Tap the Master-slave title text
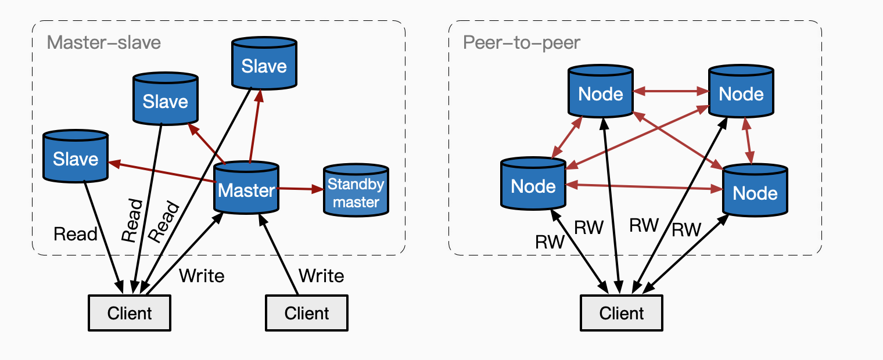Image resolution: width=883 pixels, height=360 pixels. click(x=104, y=42)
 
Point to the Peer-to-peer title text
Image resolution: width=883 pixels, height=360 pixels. click(x=521, y=42)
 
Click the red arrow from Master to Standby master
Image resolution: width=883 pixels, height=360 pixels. click(x=300, y=189)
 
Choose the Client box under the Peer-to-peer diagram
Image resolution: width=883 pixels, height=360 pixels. click(x=621, y=314)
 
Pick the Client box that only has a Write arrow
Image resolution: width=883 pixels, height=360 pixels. click(x=307, y=314)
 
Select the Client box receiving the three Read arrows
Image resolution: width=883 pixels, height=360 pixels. click(x=130, y=314)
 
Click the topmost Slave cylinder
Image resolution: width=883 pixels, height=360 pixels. click(x=264, y=66)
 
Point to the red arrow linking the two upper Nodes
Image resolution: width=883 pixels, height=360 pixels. click(x=670, y=91)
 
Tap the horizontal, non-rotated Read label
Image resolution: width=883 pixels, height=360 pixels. click(x=75, y=234)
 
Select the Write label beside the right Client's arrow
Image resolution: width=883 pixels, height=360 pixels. click(x=321, y=275)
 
